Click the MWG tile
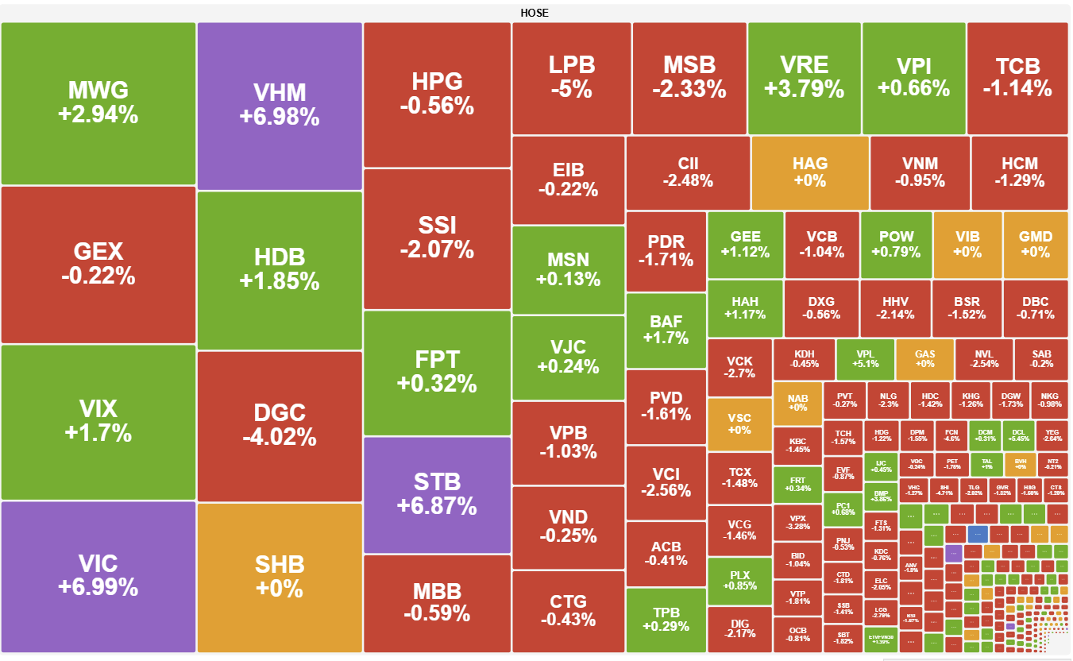(x=98, y=103)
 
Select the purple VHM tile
(x=280, y=106)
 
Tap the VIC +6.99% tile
(x=98, y=576)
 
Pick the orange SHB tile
(x=280, y=576)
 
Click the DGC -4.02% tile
(x=280, y=425)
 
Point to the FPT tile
(x=437, y=372)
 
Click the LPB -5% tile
(x=571, y=77)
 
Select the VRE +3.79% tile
(x=804, y=77)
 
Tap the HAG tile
(x=809, y=172)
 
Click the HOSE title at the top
(x=535, y=13)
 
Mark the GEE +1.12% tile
(x=745, y=245)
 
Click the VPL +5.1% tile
(x=865, y=359)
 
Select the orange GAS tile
(x=924, y=359)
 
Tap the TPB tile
(x=666, y=619)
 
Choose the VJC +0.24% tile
(x=568, y=357)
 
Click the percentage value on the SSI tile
(x=437, y=250)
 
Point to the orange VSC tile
(x=739, y=423)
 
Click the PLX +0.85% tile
(x=739, y=580)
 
